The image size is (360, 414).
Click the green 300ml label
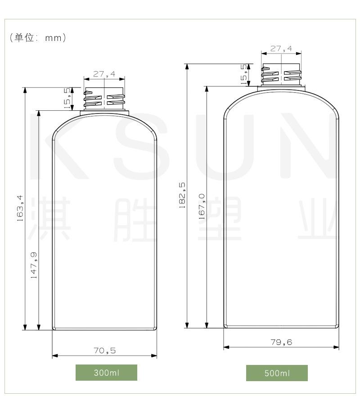coord(106,372)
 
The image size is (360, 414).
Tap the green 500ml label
coord(277,373)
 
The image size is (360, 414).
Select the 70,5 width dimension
coord(104,351)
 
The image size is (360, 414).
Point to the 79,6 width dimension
coord(281,342)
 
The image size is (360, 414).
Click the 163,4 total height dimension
coord(20,208)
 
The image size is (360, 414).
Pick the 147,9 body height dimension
coord(34,265)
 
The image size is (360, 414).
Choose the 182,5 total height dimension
coord(182,195)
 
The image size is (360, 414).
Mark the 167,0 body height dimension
coord(202,207)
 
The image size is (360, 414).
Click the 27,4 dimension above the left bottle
coord(104,74)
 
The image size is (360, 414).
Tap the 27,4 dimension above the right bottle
coord(281,49)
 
